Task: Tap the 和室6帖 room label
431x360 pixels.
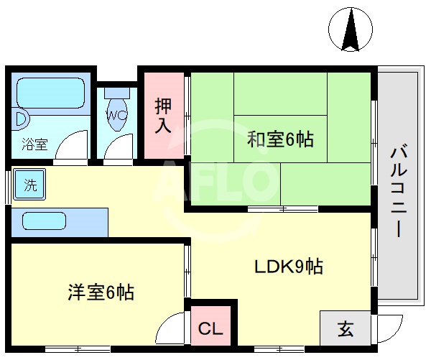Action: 280,139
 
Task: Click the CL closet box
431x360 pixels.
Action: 210,329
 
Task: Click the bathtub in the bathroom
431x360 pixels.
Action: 48,91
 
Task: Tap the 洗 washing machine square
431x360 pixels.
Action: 29,184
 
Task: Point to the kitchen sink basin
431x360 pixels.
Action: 44,221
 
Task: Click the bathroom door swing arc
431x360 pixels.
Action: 73,148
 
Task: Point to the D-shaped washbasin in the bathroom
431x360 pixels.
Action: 21,117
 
